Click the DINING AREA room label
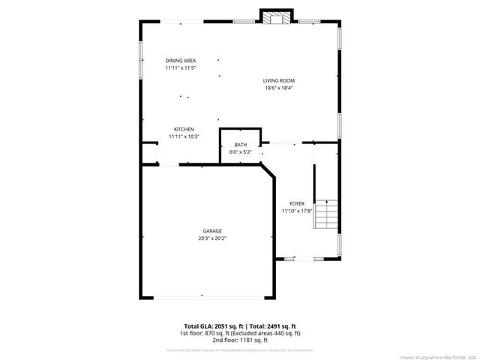tap(181, 61)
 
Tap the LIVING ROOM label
tap(278, 80)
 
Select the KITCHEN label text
tap(184, 129)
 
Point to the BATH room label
tap(240, 145)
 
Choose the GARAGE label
tap(211, 231)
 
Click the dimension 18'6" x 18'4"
tap(278, 88)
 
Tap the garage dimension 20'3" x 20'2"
tap(211, 238)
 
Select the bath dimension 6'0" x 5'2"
tap(240, 152)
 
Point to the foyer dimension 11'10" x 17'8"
tap(297, 211)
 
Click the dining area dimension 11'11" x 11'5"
tap(181, 68)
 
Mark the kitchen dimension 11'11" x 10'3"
tap(184, 136)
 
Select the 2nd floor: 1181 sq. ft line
tap(240, 340)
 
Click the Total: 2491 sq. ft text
tap(273, 326)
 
